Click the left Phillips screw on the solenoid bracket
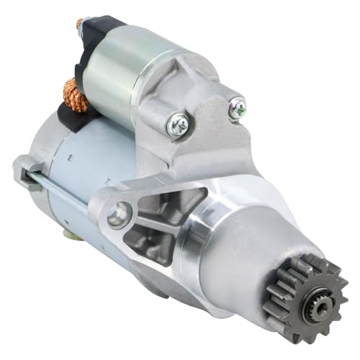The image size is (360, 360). pos(176,125)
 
